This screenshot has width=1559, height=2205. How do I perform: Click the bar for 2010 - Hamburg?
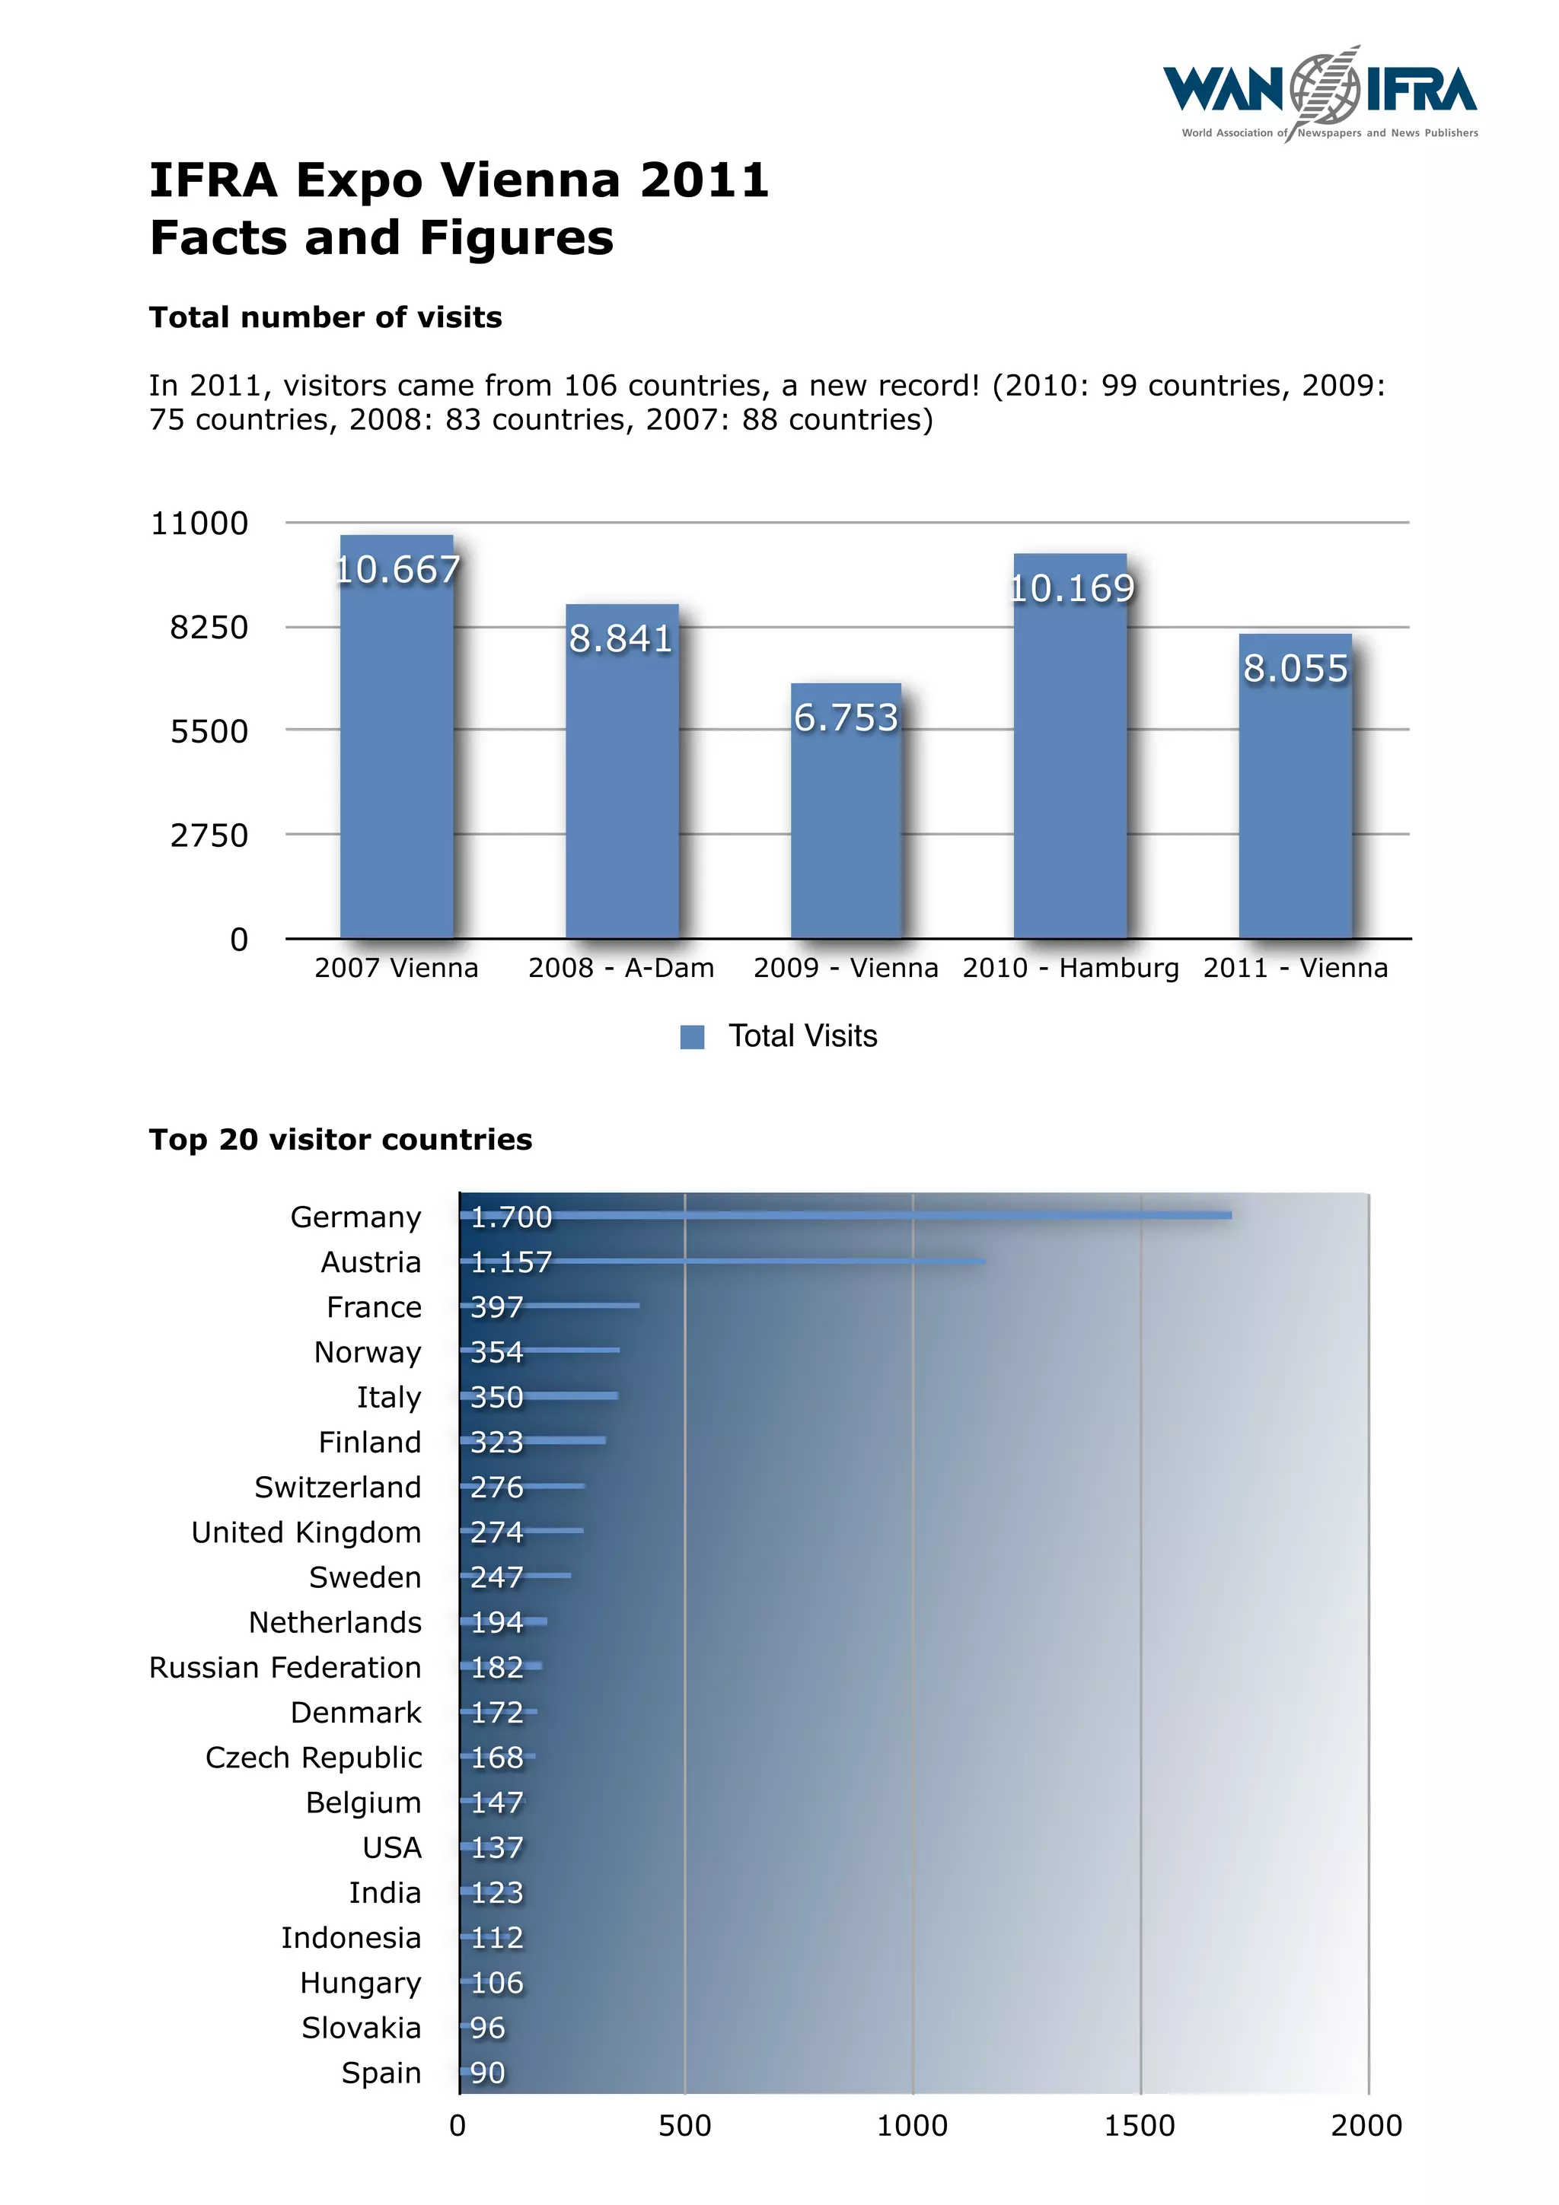1070,768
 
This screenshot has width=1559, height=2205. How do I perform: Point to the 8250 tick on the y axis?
209,627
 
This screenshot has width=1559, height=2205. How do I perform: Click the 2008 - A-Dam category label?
620,967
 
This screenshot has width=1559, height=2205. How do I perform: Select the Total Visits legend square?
692,1036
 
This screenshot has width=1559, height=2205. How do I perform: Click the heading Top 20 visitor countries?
340,1139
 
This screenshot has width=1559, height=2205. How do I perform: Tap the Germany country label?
355,1217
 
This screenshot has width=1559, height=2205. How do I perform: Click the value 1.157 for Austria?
511,1262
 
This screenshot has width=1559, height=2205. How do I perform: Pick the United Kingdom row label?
305,1532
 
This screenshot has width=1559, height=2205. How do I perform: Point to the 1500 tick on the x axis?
1140,2125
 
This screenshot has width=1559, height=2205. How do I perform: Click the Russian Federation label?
285,1667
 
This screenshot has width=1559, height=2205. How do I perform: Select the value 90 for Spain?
487,2073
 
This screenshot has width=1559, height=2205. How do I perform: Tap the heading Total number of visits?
325,317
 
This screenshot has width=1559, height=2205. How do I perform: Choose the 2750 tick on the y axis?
209,835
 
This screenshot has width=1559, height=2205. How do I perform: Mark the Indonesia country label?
351,1937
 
